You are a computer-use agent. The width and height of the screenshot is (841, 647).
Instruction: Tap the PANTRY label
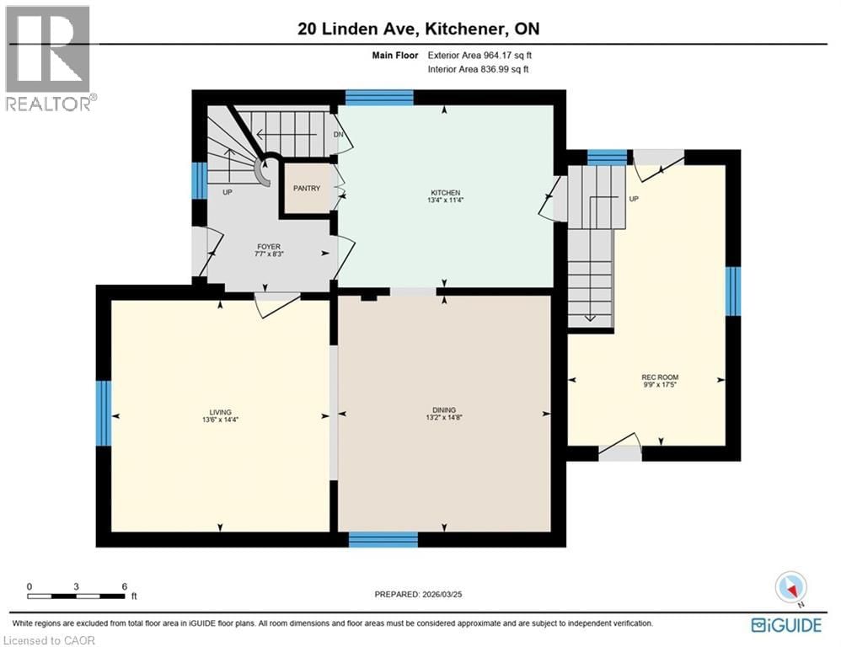pos(307,188)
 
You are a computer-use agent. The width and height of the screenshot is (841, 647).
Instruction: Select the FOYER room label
pos(269,247)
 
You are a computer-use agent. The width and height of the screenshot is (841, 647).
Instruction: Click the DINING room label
pos(444,412)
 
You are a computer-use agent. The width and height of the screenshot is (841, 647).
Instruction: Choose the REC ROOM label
pos(660,377)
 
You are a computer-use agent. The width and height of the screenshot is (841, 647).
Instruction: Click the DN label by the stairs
pos(338,134)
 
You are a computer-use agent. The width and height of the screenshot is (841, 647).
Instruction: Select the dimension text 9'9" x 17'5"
pos(660,385)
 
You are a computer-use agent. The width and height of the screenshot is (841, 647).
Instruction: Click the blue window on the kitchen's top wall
pos(379,97)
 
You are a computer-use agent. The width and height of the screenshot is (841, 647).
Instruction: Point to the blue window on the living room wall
pos(104,413)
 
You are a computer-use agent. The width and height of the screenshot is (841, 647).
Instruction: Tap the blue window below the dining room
pos(383,539)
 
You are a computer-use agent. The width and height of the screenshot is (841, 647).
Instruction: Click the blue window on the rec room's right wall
pos(733,291)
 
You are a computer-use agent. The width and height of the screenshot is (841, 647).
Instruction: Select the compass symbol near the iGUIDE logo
pos(791,587)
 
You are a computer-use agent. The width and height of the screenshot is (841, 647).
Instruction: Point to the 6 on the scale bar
pos(124,586)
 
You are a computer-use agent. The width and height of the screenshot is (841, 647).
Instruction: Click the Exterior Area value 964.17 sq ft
pos(504,56)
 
